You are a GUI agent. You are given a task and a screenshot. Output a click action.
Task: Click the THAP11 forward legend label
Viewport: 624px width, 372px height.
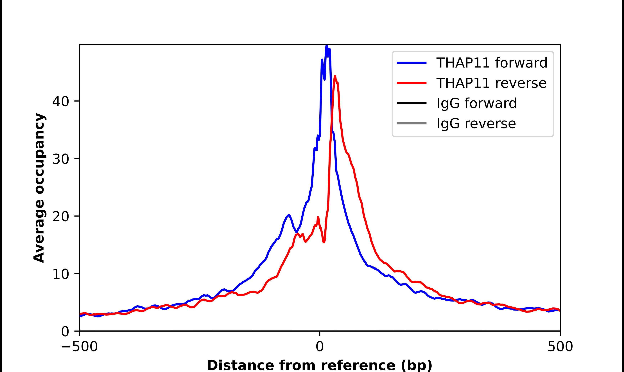(492, 63)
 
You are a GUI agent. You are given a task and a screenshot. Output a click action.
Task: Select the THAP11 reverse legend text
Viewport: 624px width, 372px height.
(491, 83)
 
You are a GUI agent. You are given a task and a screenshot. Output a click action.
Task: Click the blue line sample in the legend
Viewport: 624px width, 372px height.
(412, 63)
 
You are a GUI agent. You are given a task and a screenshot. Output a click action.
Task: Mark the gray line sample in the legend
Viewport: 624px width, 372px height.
(412, 123)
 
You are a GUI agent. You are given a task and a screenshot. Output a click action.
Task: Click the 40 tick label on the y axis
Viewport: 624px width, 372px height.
(60, 102)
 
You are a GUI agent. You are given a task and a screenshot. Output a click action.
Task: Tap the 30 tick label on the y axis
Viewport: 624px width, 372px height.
(60, 159)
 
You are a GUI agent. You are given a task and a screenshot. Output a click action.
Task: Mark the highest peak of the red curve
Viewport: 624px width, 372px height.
(335, 76)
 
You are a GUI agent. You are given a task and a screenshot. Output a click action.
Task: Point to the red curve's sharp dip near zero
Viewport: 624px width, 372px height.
(324, 242)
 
